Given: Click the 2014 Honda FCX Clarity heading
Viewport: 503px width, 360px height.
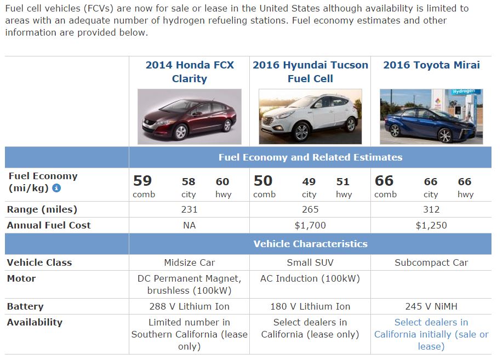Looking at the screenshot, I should click(190, 72).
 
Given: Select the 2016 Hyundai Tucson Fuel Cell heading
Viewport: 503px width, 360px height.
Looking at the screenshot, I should click(310, 72).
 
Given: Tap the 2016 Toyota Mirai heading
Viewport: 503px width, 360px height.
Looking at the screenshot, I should click(431, 65).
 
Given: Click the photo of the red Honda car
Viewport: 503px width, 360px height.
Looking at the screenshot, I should click(190, 117).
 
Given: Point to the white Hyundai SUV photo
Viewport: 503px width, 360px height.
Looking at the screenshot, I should click(310, 117).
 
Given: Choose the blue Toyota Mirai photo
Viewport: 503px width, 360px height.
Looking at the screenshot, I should click(431, 117).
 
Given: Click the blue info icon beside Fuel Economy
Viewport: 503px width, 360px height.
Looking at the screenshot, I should click(56, 188).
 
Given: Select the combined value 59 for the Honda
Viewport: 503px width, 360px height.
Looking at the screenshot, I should click(142, 181).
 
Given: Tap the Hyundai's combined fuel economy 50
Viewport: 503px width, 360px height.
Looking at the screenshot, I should click(263, 181).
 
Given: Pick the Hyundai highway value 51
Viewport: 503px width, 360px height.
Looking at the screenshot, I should click(344, 182).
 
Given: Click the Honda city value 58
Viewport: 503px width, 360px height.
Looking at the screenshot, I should click(188, 182).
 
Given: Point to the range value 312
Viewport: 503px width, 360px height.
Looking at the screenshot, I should click(431, 209).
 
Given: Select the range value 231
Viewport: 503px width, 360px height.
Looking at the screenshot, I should click(189, 209).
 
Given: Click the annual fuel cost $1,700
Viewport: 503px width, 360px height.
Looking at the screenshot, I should click(310, 225).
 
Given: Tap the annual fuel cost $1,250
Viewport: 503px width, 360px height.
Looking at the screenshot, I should click(431, 225).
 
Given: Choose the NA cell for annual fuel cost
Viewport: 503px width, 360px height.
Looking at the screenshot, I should click(189, 225).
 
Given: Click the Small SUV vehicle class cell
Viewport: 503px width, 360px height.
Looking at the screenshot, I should click(310, 262).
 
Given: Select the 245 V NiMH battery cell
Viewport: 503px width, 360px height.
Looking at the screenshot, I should click(431, 306).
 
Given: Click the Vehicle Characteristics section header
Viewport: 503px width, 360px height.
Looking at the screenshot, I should click(310, 244).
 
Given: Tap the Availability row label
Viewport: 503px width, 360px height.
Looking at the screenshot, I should click(35, 322).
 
